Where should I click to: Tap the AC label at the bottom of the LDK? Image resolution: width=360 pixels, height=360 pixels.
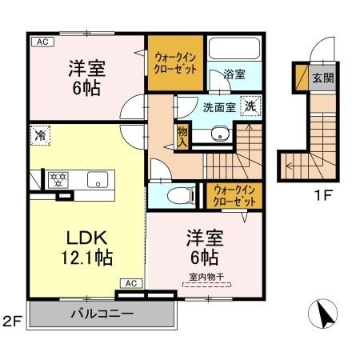click(x=132, y=282)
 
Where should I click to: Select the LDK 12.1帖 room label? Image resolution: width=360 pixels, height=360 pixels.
click(x=82, y=248)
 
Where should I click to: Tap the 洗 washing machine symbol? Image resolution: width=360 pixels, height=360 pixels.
click(x=250, y=106)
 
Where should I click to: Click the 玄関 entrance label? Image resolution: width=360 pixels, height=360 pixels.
click(x=322, y=78)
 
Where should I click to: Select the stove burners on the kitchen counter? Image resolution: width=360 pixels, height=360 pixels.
click(x=58, y=179)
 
